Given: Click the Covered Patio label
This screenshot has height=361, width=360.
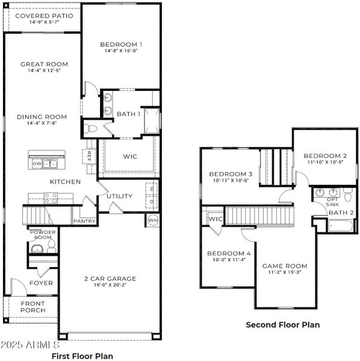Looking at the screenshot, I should (44, 16).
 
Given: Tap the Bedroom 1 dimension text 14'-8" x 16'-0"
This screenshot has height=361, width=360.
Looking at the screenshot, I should (121, 52).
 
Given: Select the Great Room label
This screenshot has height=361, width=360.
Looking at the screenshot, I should (44, 64).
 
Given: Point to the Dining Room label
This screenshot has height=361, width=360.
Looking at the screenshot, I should (42, 117).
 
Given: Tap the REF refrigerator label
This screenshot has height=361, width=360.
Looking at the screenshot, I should (90, 155).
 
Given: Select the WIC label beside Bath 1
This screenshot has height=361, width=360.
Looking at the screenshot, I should (130, 156).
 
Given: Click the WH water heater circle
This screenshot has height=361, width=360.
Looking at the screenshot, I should (153, 220).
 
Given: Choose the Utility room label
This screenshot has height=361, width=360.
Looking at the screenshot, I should (119, 196).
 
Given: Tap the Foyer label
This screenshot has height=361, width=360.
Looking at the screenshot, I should (42, 282).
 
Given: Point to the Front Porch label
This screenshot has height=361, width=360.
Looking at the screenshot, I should (33, 307).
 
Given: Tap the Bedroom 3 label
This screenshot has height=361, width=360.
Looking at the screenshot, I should (231, 174).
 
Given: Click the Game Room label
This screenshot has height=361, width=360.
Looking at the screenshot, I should (284, 265).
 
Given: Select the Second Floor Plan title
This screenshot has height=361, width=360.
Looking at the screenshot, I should (282, 324).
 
